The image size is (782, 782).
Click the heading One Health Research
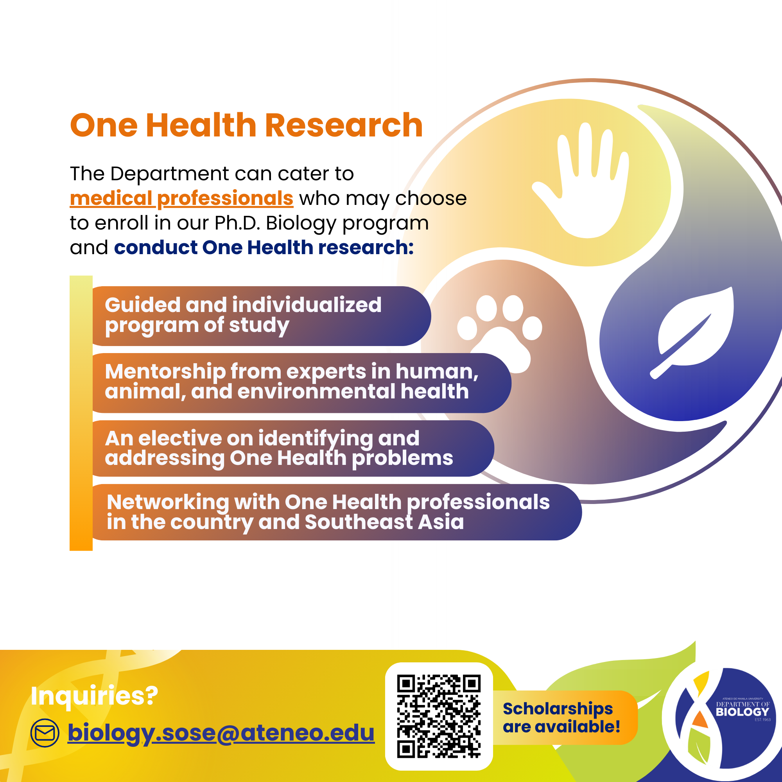point(246,126)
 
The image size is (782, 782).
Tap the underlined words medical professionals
point(181,198)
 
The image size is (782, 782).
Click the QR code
point(439,716)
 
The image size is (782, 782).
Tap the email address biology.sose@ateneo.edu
point(221,732)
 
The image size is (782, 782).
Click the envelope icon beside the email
point(45,733)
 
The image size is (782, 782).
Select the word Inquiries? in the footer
point(94,696)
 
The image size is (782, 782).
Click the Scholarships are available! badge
point(563,717)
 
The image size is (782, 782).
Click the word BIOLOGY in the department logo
point(743,712)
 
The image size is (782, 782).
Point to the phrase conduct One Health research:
point(264,248)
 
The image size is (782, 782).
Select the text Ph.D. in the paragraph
point(237,223)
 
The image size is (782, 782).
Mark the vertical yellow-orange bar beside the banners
point(81,413)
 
